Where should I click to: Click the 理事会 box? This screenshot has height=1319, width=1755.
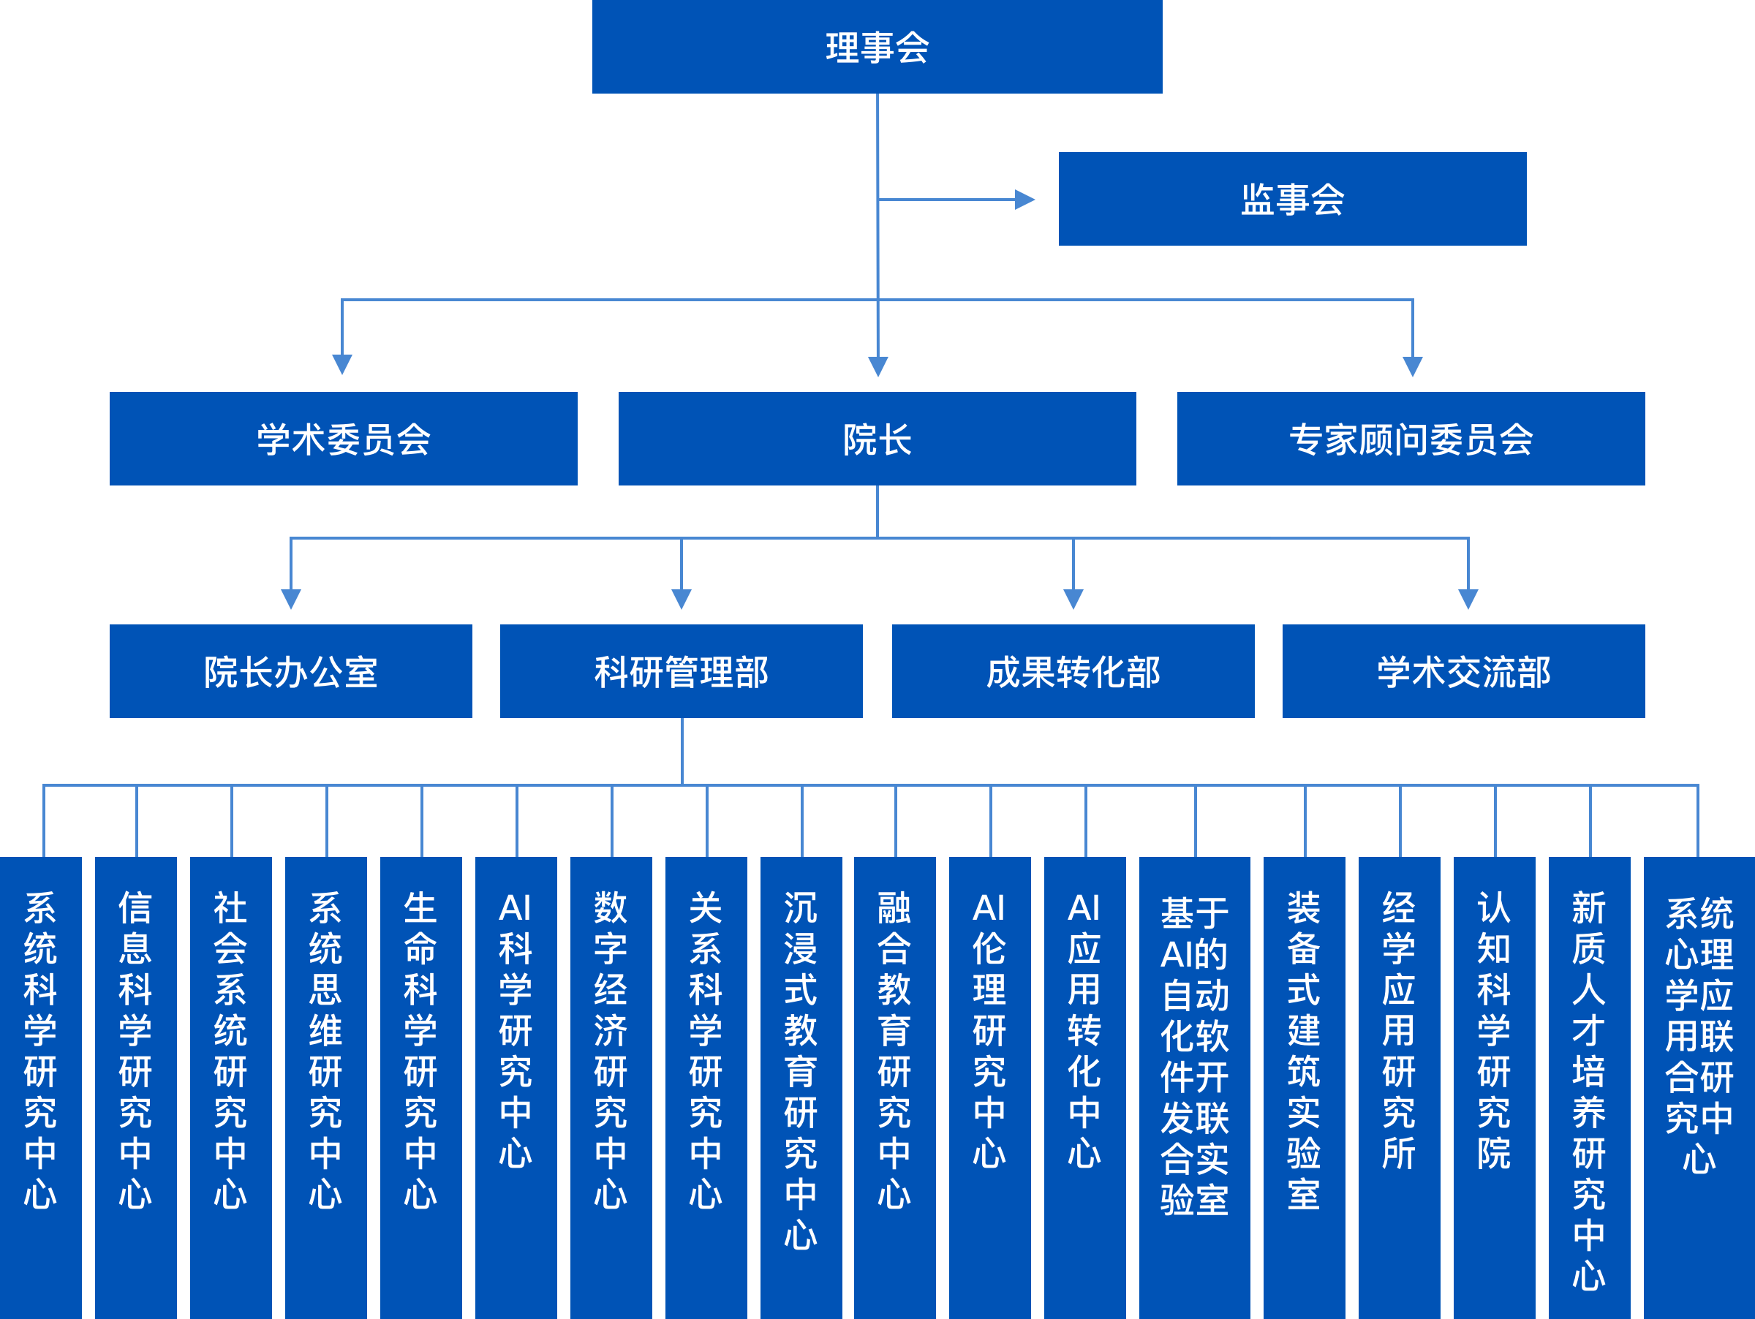[x=877, y=47]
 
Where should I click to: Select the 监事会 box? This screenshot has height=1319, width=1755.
[x=1291, y=199]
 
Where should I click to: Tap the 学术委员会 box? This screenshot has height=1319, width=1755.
[x=343, y=439]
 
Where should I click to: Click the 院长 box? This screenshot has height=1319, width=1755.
[x=877, y=439]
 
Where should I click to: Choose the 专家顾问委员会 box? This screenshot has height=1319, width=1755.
[x=1411, y=439]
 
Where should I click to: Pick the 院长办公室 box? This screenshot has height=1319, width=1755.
[x=290, y=671]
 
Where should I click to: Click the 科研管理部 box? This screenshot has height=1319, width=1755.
[x=681, y=671]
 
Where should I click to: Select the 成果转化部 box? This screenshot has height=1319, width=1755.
[x=1073, y=671]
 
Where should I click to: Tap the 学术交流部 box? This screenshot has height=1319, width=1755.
[x=1463, y=671]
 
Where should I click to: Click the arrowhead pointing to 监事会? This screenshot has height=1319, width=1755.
[x=1025, y=200]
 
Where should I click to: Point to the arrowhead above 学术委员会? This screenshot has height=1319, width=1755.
[x=342, y=365]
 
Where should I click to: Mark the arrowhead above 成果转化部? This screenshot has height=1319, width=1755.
[x=1073, y=599]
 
